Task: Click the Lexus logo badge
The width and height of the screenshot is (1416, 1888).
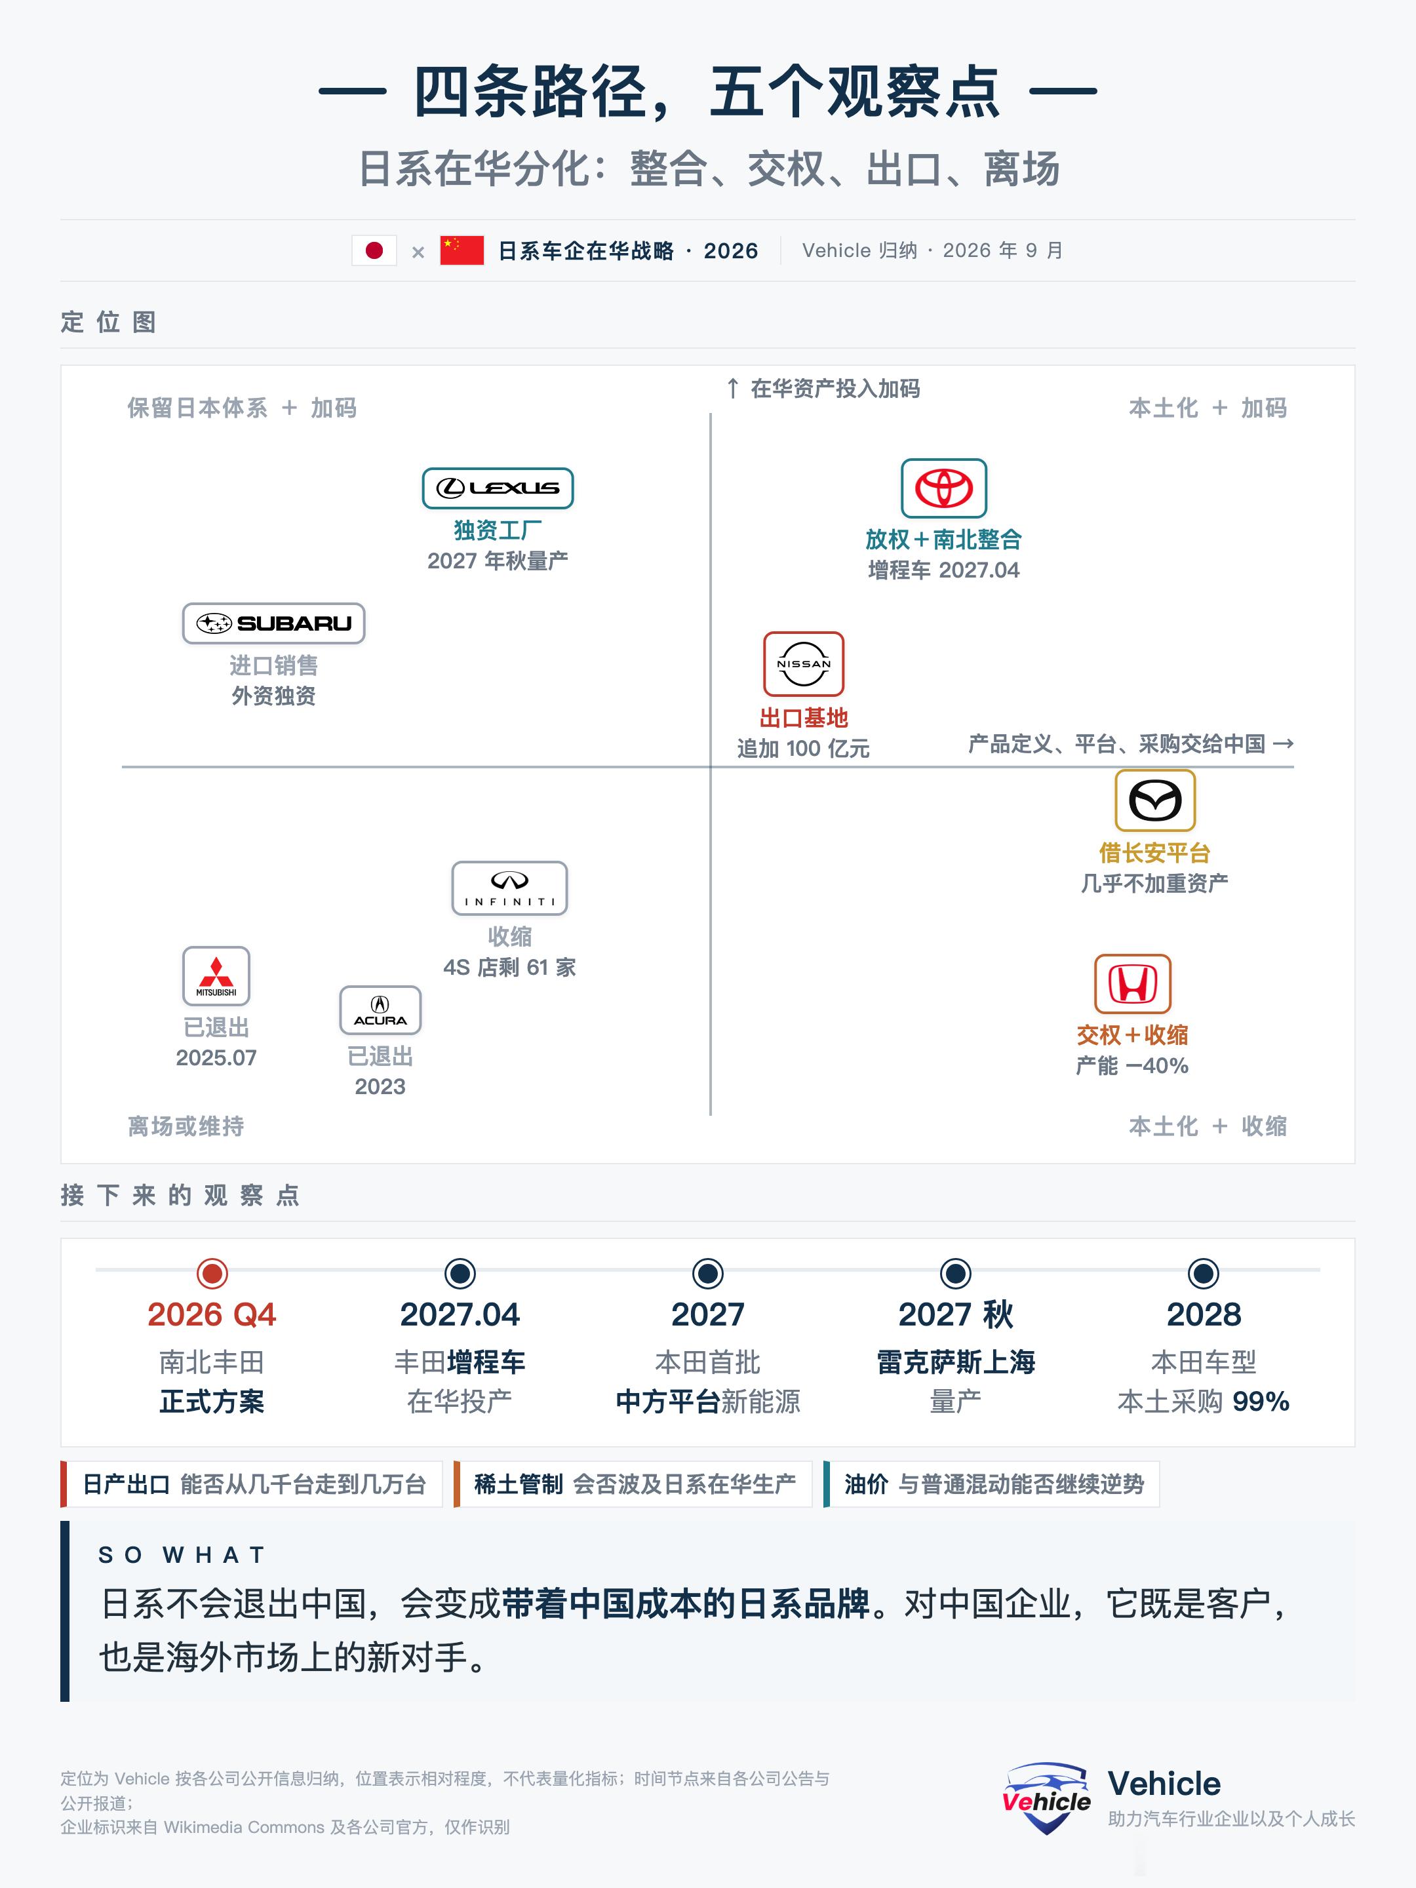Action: [498, 488]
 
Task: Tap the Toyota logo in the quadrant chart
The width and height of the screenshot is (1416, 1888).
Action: [944, 488]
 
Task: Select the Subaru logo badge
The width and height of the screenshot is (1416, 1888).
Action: [273, 623]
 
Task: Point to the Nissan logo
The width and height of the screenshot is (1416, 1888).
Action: [803, 664]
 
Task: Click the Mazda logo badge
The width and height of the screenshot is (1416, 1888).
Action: [1155, 800]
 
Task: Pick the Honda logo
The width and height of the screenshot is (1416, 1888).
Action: [1133, 983]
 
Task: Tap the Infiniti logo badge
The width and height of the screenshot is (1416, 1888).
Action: [509, 888]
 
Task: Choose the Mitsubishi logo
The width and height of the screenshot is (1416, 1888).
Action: [216, 976]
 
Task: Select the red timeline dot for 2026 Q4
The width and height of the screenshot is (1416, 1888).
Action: [212, 1274]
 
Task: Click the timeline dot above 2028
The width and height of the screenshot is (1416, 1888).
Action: [1204, 1274]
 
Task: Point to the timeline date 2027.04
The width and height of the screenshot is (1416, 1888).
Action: [460, 1314]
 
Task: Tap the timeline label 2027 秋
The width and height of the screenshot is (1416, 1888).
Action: [956, 1314]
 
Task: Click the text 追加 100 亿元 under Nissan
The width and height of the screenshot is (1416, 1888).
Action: [803, 749]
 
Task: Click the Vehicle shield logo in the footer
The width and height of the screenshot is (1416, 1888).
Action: [1046, 1798]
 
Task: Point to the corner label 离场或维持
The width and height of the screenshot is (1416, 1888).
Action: [186, 1127]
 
